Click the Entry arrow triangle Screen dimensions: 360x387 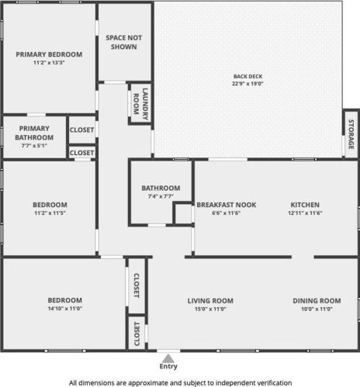coord(168,358)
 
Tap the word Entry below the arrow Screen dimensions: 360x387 coord(168,366)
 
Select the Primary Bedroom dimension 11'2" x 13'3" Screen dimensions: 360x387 coord(49,62)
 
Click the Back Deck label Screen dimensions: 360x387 coord(247,76)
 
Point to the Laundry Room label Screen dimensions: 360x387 coord(140,104)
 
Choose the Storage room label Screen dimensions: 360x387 coord(351,134)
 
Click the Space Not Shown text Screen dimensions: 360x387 coord(124,42)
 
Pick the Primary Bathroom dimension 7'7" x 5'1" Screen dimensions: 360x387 coord(34,146)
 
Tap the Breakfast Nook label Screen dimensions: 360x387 coord(227,205)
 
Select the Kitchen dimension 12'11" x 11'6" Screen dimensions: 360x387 coord(305,213)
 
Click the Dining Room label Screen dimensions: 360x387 coord(317,301)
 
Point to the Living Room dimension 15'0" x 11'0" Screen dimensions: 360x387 coord(210,309)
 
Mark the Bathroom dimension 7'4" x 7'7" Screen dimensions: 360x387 coord(161,196)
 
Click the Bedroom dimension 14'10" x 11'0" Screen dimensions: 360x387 coord(65,308)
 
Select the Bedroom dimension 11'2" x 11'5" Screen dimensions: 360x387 coord(50,213)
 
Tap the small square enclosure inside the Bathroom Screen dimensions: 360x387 coord(182,213)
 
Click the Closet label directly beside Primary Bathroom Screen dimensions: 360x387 coord(81,130)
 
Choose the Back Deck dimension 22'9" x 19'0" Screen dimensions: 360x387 coord(247,84)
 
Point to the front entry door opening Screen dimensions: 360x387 coord(168,351)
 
